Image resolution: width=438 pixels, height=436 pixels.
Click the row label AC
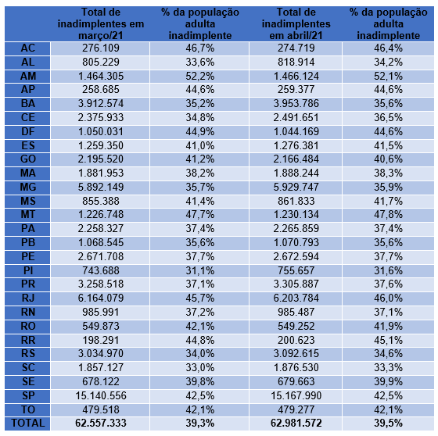(28, 48)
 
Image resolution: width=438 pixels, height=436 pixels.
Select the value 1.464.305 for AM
(101, 76)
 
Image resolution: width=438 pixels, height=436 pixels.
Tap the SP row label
(28, 395)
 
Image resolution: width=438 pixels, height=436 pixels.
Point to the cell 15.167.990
(296, 395)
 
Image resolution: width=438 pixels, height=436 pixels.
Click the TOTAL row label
(28, 423)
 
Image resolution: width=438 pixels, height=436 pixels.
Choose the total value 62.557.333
(101, 423)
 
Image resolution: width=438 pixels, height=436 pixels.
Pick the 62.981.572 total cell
(296, 423)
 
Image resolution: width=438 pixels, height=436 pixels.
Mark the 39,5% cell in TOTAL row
(388, 423)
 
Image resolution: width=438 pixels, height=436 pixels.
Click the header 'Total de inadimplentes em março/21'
(101, 23)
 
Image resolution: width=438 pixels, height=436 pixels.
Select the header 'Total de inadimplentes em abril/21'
(296, 23)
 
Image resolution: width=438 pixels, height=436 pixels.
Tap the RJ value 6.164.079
(101, 298)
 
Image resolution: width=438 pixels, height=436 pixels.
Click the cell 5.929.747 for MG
(296, 187)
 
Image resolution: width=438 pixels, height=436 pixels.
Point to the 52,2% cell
(200, 76)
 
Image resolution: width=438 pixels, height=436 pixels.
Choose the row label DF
(28, 131)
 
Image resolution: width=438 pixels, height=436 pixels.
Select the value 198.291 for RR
(101, 340)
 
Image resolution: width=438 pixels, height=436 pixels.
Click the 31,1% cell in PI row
(200, 270)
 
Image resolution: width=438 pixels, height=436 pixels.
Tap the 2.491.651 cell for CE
(296, 117)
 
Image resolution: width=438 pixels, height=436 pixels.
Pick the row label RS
(28, 353)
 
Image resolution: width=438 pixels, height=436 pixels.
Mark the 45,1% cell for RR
(388, 340)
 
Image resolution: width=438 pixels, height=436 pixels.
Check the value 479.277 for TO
(296, 409)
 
